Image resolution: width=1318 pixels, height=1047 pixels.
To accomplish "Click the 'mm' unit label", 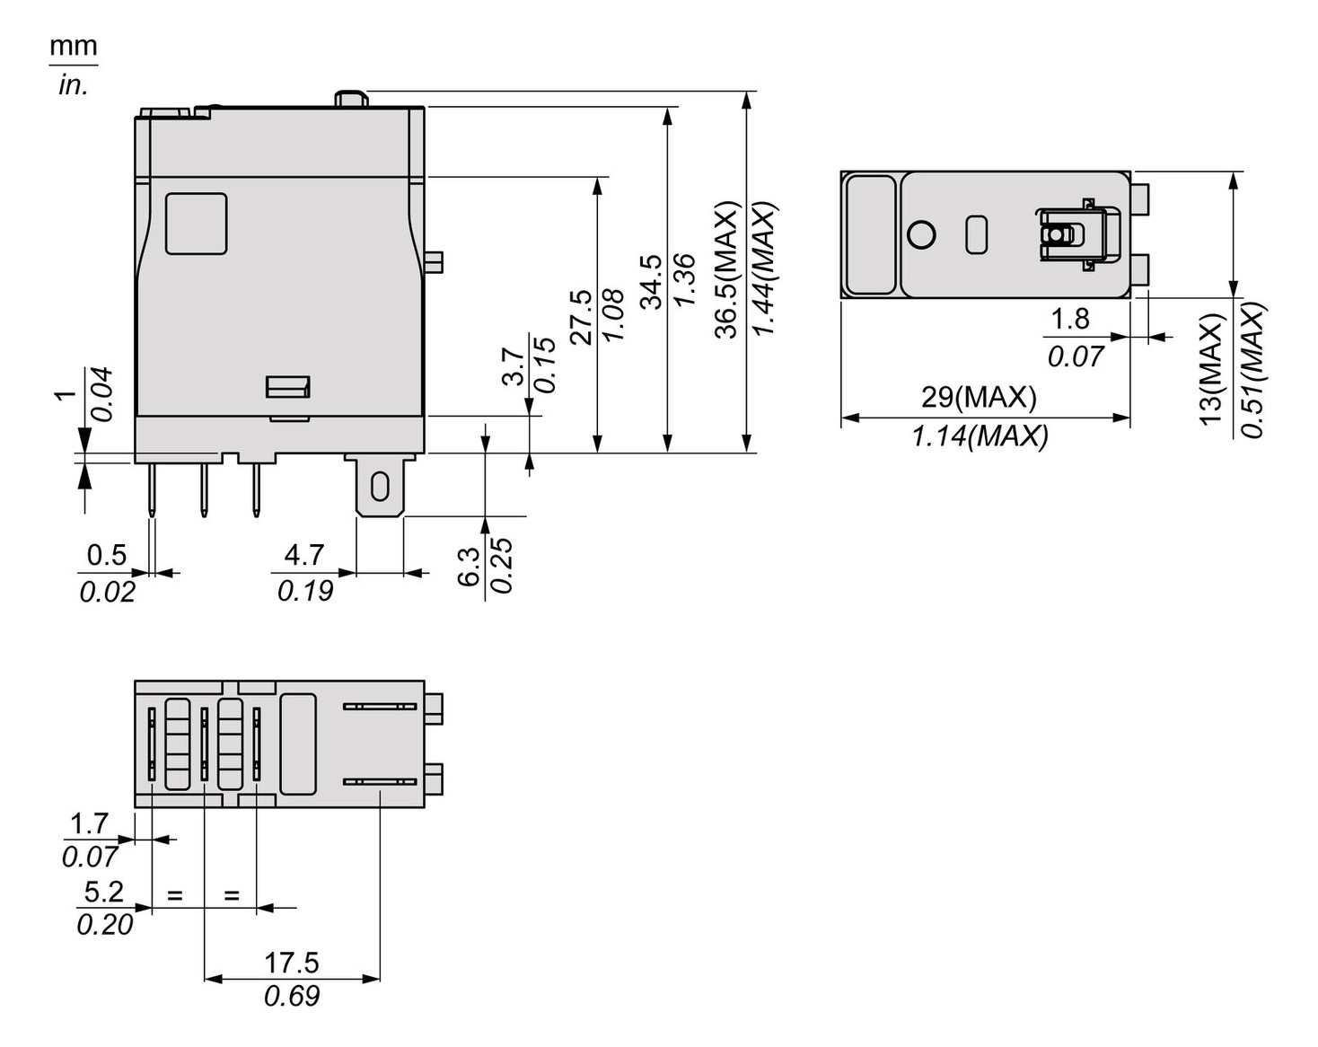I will pyautogui.click(x=73, y=46).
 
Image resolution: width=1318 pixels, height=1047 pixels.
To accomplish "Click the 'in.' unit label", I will pyautogui.click(x=73, y=85).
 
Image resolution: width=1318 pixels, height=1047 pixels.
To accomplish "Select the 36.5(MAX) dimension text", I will pyautogui.click(x=726, y=269).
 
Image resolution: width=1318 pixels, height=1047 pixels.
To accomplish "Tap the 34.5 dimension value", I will pyautogui.click(x=651, y=281).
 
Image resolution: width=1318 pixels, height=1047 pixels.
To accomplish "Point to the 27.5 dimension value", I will pyautogui.click(x=581, y=316).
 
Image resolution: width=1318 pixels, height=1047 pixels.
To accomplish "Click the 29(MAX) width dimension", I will pyautogui.click(x=979, y=397).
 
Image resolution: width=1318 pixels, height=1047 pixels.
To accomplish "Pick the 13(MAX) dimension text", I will pyautogui.click(x=1211, y=369).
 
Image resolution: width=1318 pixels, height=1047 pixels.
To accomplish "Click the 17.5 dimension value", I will pyautogui.click(x=291, y=963).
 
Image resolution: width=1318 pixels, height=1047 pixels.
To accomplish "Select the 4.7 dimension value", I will pyautogui.click(x=303, y=555).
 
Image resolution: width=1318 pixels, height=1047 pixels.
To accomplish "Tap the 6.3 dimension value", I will pyautogui.click(x=470, y=567).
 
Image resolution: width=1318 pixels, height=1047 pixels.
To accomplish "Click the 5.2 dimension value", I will pyautogui.click(x=103, y=892).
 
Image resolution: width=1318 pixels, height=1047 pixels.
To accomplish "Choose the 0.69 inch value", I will pyautogui.click(x=291, y=996).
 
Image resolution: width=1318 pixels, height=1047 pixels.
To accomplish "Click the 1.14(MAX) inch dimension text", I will pyautogui.click(x=980, y=436).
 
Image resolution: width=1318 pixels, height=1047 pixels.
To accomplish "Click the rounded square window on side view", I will pyautogui.click(x=196, y=224).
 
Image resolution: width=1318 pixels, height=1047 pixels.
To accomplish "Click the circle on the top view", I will pyautogui.click(x=921, y=234).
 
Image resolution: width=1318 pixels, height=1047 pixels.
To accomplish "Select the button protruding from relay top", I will pyautogui.click(x=350, y=98).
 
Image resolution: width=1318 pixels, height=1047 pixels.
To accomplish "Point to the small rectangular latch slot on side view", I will pyautogui.click(x=287, y=387).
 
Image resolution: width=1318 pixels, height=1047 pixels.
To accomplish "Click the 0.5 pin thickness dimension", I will pyautogui.click(x=106, y=555).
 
